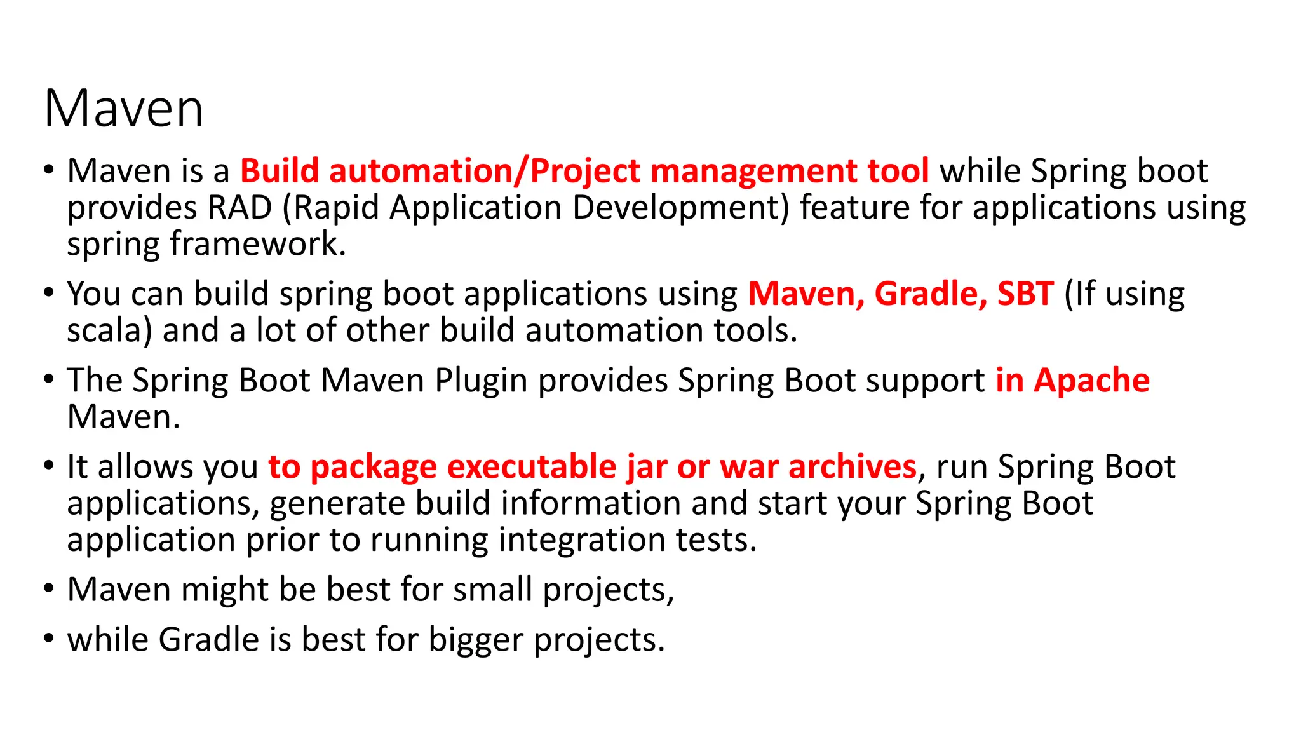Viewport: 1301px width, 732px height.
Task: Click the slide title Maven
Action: [124, 109]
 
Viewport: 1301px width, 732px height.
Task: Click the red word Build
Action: [279, 171]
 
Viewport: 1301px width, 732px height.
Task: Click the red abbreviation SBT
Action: [1025, 294]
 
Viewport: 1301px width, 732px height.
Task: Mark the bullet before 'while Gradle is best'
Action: [49, 637]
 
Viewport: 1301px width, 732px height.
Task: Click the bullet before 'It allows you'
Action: [49, 466]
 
